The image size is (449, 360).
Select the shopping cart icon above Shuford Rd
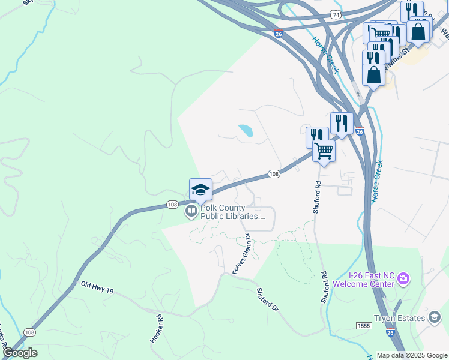pos(324,151)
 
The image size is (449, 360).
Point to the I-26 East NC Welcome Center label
pos(363,279)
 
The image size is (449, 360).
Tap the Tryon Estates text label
pos(399,317)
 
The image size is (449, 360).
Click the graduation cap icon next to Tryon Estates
pos(435,317)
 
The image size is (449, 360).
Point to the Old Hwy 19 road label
pos(97,289)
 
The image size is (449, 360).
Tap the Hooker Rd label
pos(157,329)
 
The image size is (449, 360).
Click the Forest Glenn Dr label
pos(241,254)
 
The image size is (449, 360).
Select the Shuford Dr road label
pos(268,299)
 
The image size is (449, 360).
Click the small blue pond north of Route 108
pos(246,131)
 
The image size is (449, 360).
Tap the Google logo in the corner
pos(20,353)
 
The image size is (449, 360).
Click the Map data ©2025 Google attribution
pos(412,355)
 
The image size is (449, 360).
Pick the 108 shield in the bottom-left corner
pos(29,331)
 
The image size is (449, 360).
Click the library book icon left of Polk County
pos(191,211)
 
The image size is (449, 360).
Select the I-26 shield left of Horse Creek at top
pos(277,35)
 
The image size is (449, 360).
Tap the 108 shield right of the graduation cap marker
pos(274,173)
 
